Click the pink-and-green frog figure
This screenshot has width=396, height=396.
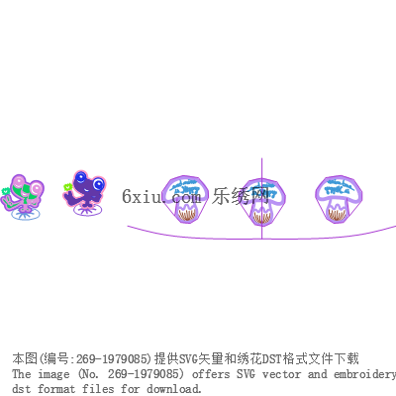point(23,194)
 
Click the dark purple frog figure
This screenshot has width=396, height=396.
point(86,190)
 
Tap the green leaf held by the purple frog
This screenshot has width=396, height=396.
point(67,187)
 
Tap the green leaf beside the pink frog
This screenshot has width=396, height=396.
point(5,191)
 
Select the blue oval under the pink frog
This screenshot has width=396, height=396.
point(26,214)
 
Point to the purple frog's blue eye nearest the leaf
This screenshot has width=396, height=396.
point(80,178)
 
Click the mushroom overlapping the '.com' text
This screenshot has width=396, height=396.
point(186,199)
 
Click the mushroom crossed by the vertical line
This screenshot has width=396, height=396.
point(262,202)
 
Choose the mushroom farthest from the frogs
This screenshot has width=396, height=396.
point(339,199)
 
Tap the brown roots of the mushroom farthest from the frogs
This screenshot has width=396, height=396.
point(338,215)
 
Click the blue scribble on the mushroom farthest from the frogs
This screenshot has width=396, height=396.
point(339,186)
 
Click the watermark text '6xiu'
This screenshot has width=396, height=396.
point(142,196)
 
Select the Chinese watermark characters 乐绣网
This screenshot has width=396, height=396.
point(241,196)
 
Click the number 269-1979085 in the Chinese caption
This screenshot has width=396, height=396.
point(112,358)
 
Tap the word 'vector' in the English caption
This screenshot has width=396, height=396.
point(282,374)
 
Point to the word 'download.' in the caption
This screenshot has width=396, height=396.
point(173,389)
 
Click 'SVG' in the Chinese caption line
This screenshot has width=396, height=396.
point(188,358)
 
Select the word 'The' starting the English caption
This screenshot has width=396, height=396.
point(22,374)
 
